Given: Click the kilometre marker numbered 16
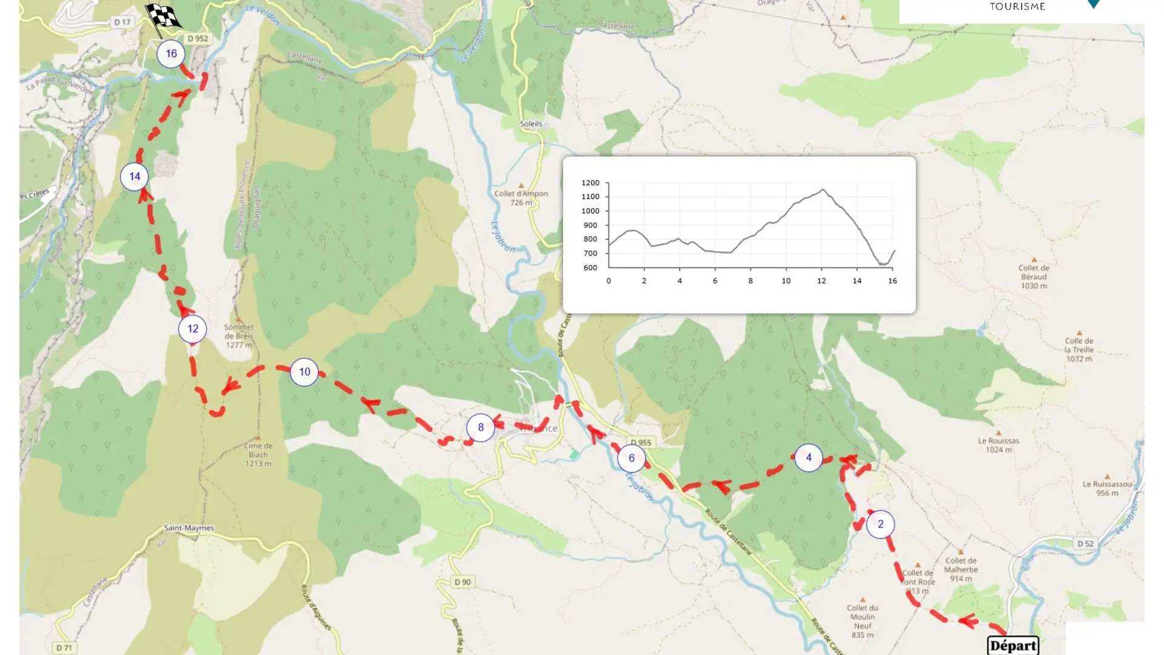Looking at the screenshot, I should click(171, 54).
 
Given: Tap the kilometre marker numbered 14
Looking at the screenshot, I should click(135, 176).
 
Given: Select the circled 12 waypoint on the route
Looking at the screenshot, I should click(193, 329).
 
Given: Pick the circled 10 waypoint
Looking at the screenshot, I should click(304, 372).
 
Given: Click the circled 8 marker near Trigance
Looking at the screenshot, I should click(481, 428).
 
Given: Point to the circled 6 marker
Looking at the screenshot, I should click(631, 458).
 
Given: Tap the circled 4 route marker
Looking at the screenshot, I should click(808, 458).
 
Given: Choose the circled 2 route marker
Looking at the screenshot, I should click(880, 524).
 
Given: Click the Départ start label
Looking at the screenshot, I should click(1013, 645).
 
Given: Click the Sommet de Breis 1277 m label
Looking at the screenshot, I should click(239, 336).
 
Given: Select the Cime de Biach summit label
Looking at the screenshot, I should click(258, 454).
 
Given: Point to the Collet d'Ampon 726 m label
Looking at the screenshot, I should click(521, 198).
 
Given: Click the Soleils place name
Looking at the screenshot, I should click(531, 124).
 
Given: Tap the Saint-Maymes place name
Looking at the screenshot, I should click(189, 528).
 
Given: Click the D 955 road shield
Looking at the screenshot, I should click(641, 443).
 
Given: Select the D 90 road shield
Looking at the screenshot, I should click(463, 582).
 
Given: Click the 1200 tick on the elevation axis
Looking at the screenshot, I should click(590, 183).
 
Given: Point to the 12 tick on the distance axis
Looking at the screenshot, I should click(821, 281).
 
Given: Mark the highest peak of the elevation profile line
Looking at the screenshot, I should click(823, 190).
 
